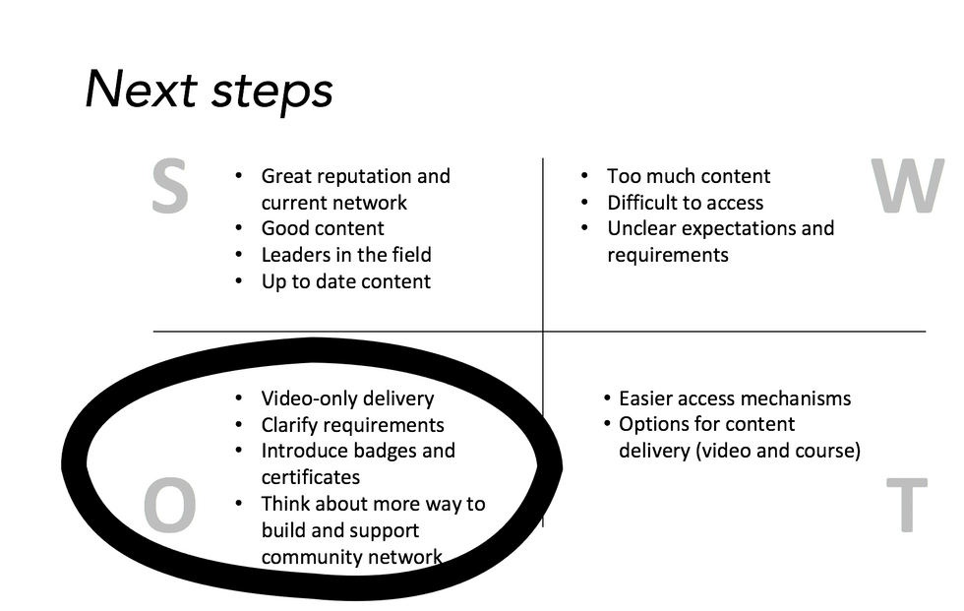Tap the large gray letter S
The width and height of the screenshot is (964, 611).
[170, 187]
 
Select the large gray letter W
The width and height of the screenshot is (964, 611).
[907, 187]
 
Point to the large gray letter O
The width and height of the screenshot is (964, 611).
[170, 508]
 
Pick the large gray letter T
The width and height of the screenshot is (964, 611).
[906, 506]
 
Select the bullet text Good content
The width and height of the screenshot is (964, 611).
[323, 229]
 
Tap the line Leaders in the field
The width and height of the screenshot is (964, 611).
[346, 255]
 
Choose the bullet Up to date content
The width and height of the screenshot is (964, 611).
[345, 281]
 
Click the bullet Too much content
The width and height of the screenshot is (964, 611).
[689, 177]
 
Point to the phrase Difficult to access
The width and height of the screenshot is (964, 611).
[685, 203]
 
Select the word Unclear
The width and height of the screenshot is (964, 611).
[643, 228]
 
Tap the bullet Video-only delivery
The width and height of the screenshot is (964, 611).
[347, 398]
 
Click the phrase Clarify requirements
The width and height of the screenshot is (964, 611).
[352, 425]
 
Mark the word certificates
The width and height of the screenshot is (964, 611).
[311, 477]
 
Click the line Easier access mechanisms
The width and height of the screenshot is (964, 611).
[735, 398]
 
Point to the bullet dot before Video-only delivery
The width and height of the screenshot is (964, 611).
[238, 398]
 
